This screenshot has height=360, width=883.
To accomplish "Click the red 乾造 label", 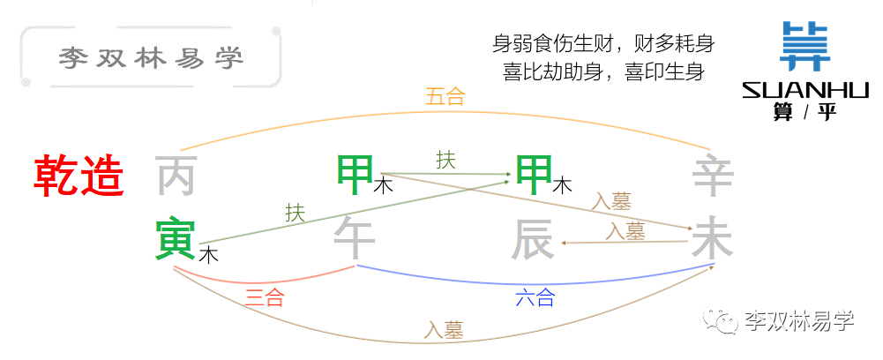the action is (79, 176).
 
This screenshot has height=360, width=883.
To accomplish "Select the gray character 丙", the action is (176, 176).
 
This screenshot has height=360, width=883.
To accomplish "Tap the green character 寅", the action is (176, 241).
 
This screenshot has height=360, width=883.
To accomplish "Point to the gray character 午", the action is (355, 240).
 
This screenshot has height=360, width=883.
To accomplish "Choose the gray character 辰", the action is (532, 241).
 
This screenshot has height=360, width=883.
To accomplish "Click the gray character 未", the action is (713, 241).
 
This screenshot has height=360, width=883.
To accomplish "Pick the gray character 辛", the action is (713, 176).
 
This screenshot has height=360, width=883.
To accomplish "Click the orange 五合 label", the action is (445, 97).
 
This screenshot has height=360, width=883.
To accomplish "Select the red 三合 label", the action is (264, 296).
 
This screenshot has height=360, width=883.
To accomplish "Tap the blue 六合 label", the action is (535, 296).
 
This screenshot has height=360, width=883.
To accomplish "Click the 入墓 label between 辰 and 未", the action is (625, 231).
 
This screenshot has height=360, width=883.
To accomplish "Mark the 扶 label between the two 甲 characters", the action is (446, 161).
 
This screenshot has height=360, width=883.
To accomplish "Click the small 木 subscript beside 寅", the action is (209, 255).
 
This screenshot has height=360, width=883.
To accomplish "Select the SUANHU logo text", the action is (806, 90).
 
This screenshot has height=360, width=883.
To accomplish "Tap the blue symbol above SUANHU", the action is (804, 46).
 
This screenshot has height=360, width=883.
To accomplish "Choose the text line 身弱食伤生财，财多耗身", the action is (603, 43).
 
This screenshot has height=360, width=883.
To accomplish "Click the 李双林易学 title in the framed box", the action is (151, 58).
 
